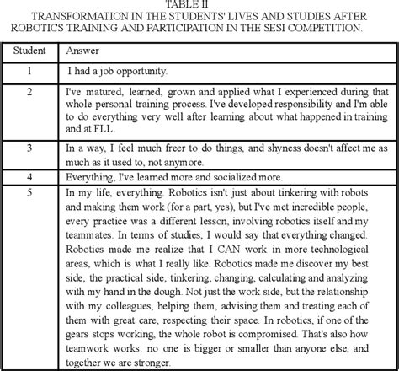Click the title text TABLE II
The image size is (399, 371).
[x=199, y=5]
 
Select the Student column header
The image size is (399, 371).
[x=29, y=51]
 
